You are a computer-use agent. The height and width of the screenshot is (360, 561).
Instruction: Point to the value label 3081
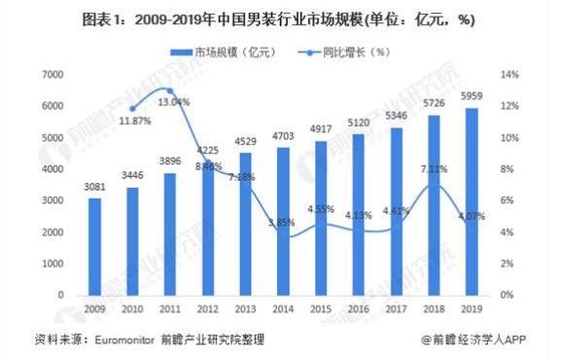coord(95,188)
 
